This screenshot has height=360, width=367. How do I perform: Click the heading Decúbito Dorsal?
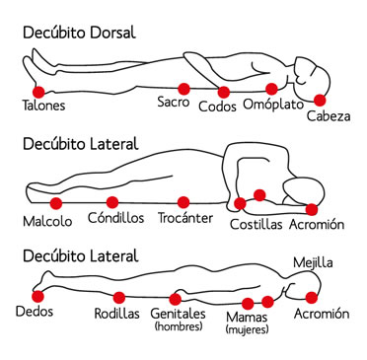pos(79,33)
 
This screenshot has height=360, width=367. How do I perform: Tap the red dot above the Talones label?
pos(38,92)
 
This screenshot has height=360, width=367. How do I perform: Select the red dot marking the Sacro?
pos(183,89)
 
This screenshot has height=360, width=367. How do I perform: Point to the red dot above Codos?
pos(224,92)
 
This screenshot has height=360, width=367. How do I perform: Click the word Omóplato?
pos(273,105)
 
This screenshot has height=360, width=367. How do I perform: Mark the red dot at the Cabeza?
pos(320,100)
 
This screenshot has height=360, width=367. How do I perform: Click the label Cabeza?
pos(329,116)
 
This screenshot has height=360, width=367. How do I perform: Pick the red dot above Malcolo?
pos(56,203)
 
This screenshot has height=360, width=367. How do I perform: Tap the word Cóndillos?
pos(116,218)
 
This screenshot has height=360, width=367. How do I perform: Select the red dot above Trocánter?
pos(183,202)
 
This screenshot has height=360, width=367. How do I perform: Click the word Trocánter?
pos(185,218)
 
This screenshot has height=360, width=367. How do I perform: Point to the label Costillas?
pos(256,225)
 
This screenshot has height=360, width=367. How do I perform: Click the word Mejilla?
pos(313,263)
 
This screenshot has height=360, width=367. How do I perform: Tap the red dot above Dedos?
pos(37,296)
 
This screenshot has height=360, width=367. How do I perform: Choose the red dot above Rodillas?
pos(119,298)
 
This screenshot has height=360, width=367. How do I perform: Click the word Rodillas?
pos(116,314)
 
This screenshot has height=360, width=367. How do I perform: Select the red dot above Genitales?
pos(176,299)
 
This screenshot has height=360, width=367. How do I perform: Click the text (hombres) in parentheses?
pos(179,326)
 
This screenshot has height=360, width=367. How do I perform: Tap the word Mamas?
pos(247,318)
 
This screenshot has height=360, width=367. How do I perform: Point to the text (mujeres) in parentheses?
pos(247,329)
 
